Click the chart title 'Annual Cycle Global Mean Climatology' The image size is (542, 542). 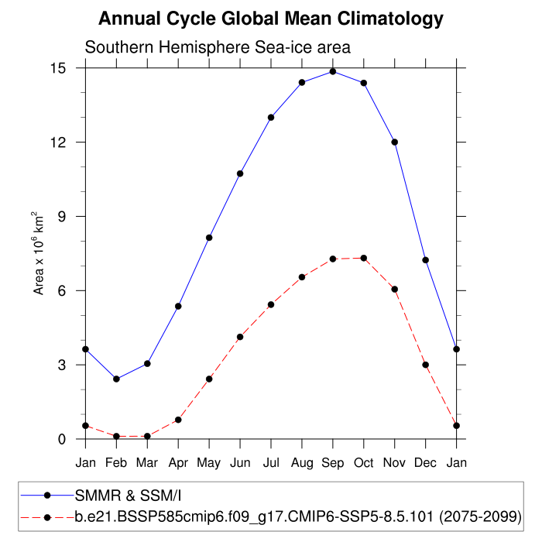(271, 19)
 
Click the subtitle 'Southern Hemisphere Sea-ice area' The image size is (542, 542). (218, 47)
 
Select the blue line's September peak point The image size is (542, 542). (333, 71)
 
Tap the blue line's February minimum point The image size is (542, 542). (116, 379)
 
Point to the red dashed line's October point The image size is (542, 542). (364, 258)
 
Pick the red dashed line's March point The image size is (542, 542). (147, 436)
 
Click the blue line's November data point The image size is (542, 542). (395, 142)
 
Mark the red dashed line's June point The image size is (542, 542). (240, 337)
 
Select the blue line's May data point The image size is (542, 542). (209, 238)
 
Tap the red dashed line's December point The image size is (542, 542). (426, 365)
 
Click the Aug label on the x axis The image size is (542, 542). (302, 463)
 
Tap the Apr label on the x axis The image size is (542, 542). (178, 463)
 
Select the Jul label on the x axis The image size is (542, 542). (271, 463)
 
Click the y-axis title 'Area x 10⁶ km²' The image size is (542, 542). (38, 253)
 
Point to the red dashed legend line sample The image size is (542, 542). (47, 515)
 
